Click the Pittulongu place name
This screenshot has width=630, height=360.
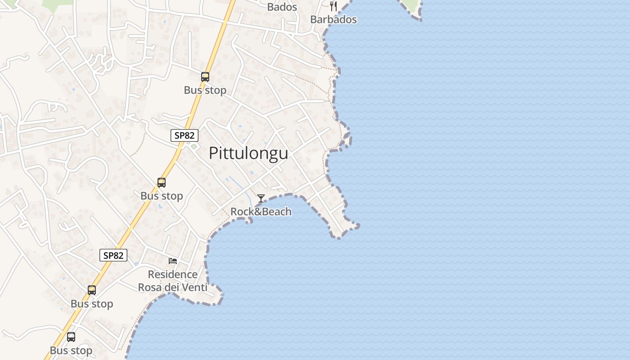click(248, 153)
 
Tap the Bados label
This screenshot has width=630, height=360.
click(282, 7)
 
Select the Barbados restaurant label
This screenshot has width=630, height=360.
click(333, 19)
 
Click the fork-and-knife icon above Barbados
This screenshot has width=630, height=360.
click(333, 6)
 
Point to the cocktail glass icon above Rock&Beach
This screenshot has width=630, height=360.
click(261, 198)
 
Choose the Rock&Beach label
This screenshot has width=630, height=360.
click(261, 211)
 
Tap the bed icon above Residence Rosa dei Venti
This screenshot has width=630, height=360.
click(173, 261)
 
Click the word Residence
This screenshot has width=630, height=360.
click(173, 274)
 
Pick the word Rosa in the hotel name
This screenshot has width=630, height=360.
click(150, 287)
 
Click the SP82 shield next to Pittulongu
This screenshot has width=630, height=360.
click(184, 135)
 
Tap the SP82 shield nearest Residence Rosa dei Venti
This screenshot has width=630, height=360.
click(113, 256)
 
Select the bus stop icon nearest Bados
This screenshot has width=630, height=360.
click(205, 77)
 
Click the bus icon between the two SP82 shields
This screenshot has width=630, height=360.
click(162, 183)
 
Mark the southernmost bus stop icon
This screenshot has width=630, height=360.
click(71, 337)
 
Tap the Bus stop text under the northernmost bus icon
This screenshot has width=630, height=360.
click(205, 90)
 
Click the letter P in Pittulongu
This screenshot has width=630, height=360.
click(214, 153)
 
